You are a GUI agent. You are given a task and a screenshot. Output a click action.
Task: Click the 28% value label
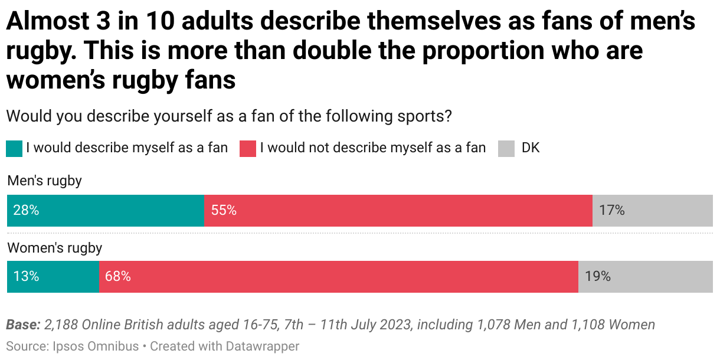[x=26, y=211]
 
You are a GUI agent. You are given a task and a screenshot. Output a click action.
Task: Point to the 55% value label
[x=224, y=211]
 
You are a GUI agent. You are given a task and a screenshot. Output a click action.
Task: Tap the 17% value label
[x=611, y=211]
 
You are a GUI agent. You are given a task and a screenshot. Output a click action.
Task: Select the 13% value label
[x=26, y=276]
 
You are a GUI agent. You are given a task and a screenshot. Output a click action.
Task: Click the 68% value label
[x=118, y=276]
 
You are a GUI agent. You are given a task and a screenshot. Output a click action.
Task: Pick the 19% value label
[x=597, y=276]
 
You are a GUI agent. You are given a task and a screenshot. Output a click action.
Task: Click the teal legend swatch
[x=14, y=148]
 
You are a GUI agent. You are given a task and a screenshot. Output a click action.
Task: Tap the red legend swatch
[x=248, y=148]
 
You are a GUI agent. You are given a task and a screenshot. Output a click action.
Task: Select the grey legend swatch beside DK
[x=507, y=148]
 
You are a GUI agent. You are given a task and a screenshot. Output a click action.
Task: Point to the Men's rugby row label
[x=44, y=181]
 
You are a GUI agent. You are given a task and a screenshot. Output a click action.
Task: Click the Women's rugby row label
[x=54, y=248]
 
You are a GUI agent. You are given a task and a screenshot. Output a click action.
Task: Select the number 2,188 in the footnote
[x=61, y=325]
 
